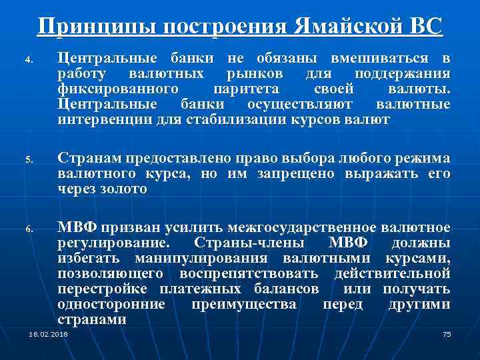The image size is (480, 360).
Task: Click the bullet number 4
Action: pos(29,59)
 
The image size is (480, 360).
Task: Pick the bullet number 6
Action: pos(29,229)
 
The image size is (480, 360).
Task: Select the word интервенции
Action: pos(99,121)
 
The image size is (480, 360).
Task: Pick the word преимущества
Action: pos(244,304)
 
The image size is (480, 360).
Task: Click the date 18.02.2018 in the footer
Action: pos(43,333)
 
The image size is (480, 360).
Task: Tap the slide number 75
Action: pos(447,333)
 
